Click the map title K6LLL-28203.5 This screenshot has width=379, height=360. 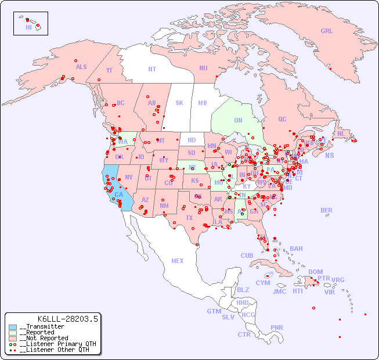pos(68,318)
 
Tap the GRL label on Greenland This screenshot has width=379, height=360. pos(327,31)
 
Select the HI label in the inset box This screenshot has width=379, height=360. pos(28,27)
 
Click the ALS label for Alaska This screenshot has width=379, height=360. pos(81,67)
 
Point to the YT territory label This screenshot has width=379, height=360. pos(109,70)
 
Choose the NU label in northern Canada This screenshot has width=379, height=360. pos(203,68)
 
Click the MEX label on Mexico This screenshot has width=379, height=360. pos(177,261)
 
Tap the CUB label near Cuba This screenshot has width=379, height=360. pos(247,255)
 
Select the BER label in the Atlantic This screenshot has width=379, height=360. pos(326,210)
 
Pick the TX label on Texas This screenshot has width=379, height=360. pos(189,218)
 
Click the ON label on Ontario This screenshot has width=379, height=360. pos(238,121)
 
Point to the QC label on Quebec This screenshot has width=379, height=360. pos(282,119)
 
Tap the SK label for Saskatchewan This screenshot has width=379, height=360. pos(179,103)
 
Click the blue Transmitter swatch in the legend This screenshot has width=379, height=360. pos(13,327)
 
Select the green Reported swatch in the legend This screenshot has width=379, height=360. pos(13,333)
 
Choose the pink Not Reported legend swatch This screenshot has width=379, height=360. pos(13,338)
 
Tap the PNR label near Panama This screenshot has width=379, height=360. pos(277,327)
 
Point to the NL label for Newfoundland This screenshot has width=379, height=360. pos(341,133)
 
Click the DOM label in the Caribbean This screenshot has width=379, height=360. pos(315,272)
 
